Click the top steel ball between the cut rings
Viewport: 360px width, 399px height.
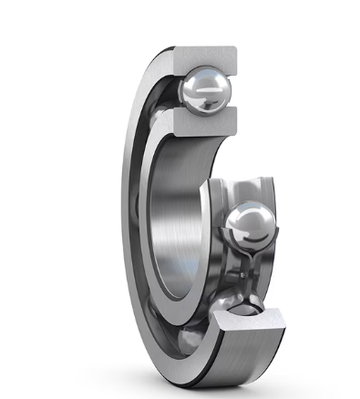point(207,90)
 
